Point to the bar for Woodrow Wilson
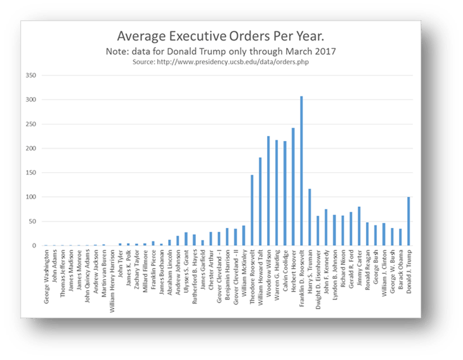[x=268, y=190]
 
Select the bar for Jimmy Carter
[x=359, y=226]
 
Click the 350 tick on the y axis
[x=31, y=76]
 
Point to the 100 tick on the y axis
[x=31, y=197]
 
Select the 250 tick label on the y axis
[x=31, y=124]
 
